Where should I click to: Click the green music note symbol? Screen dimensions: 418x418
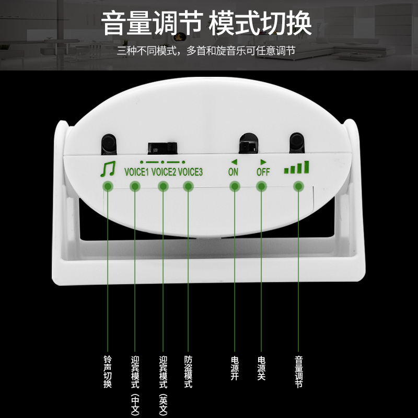click(108, 169)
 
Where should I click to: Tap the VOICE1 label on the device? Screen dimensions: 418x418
click(137, 171)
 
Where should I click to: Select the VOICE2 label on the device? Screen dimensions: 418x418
click(164, 171)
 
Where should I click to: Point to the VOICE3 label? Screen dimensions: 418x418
click(190, 171)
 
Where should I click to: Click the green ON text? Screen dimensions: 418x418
click(233, 171)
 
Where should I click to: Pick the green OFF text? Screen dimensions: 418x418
click(262, 171)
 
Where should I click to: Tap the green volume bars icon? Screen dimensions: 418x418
click(297, 168)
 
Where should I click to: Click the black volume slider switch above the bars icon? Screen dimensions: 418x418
click(297, 141)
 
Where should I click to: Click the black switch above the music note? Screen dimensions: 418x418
click(109, 142)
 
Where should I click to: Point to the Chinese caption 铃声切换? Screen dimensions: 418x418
click(108, 372)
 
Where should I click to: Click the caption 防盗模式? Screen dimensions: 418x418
click(189, 372)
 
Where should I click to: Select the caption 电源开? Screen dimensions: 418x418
click(235, 368)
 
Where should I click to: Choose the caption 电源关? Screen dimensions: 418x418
click(261, 368)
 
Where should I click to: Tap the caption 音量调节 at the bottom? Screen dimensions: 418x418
click(298, 372)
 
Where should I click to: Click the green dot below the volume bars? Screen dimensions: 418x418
click(298, 186)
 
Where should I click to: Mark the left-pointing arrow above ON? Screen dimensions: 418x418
click(234, 161)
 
